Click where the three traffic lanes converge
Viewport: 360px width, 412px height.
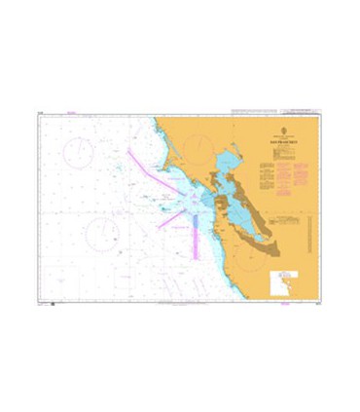(195, 199)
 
